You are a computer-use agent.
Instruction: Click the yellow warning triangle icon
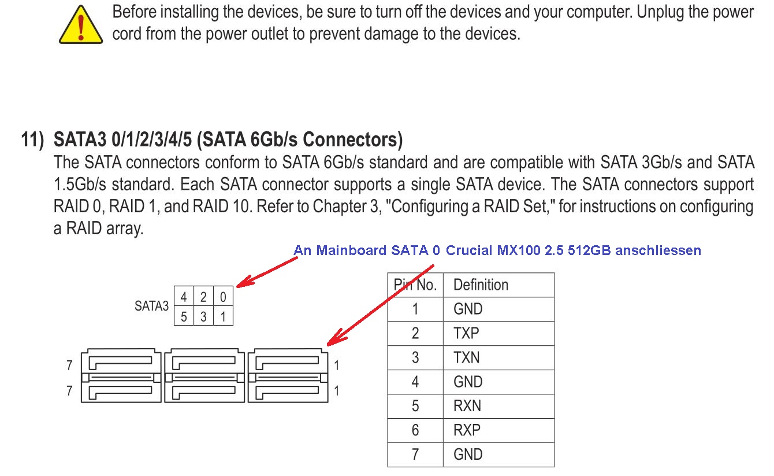tap(81, 25)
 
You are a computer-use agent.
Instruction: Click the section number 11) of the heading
tap(32, 140)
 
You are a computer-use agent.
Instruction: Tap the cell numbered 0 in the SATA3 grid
tap(223, 296)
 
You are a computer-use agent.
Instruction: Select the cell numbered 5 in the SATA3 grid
tap(184, 316)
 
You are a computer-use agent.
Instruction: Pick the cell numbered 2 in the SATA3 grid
tap(203, 296)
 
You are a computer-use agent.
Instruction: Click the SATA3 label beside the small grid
tap(152, 306)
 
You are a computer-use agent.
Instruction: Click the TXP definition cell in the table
tap(498, 333)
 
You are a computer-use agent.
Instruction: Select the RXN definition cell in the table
tap(498, 406)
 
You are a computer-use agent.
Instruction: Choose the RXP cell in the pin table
tap(498, 430)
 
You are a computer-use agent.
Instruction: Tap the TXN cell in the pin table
tap(498, 357)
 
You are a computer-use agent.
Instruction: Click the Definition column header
tap(498, 285)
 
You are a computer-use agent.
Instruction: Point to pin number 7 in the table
tap(415, 454)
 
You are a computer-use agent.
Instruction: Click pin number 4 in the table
tap(415, 382)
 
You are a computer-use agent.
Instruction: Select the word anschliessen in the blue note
tap(658, 250)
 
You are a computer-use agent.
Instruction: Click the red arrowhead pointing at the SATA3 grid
tap(245, 282)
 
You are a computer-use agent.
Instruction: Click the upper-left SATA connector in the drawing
tap(121, 361)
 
